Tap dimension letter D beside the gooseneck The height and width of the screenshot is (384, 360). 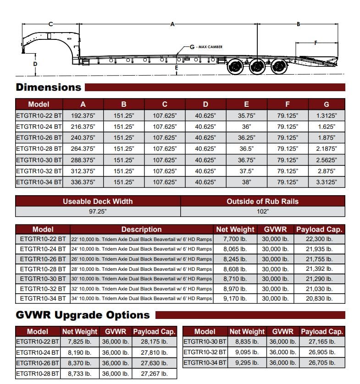click(35, 64)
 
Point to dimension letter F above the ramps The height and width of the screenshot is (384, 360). click(316, 43)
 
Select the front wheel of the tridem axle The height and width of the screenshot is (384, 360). click(236, 67)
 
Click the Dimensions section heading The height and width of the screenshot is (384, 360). click(48, 88)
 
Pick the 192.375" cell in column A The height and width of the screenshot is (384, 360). click(83, 115)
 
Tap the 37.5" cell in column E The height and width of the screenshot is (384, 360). click(247, 171)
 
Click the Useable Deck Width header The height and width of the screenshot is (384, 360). click(98, 201)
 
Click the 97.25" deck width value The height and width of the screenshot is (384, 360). click(98, 212)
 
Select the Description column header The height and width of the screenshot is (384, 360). click(141, 230)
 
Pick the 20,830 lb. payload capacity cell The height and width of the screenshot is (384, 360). click(319, 298)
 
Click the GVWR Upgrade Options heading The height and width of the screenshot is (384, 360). click(83, 315)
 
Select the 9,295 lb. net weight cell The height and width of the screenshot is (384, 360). click(247, 363)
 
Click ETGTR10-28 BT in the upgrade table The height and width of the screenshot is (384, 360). click(38, 373)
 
